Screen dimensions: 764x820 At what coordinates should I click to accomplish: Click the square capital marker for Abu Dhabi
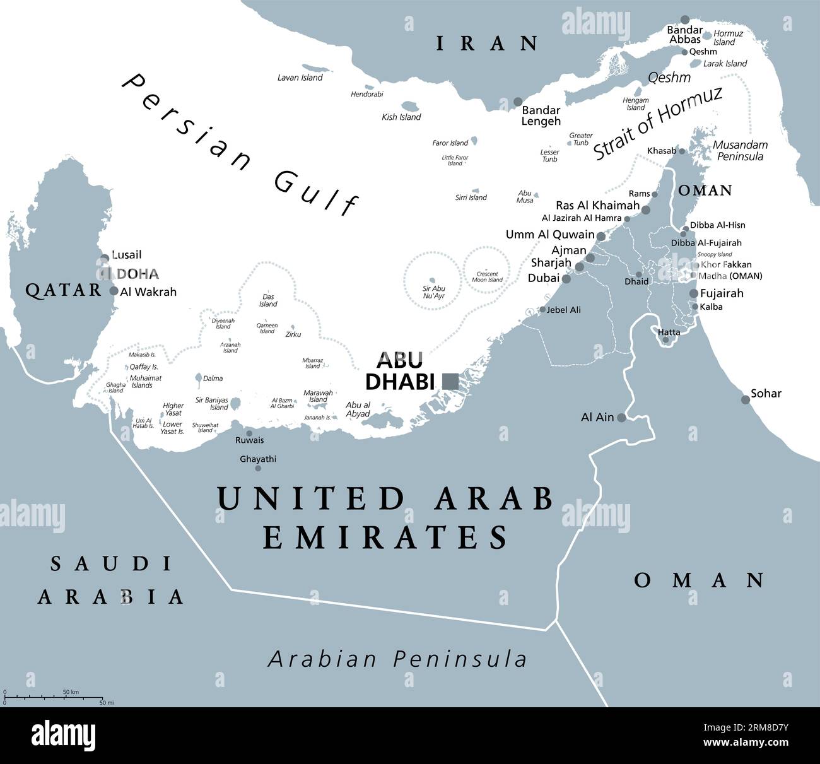[x=450, y=380]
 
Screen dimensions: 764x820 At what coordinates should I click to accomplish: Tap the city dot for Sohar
[x=746, y=399]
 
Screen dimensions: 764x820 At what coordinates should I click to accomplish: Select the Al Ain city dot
[x=621, y=418]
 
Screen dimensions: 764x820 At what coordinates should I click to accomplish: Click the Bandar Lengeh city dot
[x=518, y=102]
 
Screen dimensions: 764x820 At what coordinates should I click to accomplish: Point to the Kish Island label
[x=401, y=117]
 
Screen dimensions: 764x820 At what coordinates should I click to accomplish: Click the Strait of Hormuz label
[x=657, y=123]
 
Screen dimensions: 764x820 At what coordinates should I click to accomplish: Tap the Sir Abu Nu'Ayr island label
[x=434, y=292]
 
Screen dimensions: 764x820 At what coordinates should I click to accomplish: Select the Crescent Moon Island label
[x=487, y=277]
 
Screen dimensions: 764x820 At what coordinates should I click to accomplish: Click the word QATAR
[x=63, y=290]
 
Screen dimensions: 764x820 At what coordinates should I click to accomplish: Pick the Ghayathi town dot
[x=257, y=468]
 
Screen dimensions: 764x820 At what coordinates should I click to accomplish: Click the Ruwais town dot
[x=249, y=433]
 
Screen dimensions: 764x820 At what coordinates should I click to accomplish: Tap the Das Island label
[x=268, y=300]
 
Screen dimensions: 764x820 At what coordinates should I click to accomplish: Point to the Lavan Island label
[x=300, y=78]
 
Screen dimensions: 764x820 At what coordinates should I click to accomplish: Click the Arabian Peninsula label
[x=397, y=659]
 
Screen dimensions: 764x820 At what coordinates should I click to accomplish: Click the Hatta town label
[x=669, y=332]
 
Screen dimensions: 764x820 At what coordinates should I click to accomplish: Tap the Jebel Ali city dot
[x=542, y=310]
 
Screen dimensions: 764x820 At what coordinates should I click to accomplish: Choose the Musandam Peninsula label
[x=740, y=150]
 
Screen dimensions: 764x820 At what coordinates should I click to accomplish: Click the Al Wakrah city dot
[x=114, y=291]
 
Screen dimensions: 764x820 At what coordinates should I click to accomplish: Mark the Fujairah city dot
[x=694, y=293]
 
